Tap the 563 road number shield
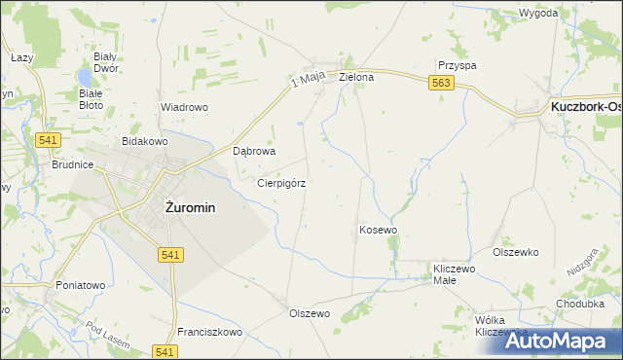(440, 86)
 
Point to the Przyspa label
(457, 65)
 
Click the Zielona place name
(356, 76)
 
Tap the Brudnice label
(73, 165)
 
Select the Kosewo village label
(379, 230)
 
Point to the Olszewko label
(516, 252)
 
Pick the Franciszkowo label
(209, 332)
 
